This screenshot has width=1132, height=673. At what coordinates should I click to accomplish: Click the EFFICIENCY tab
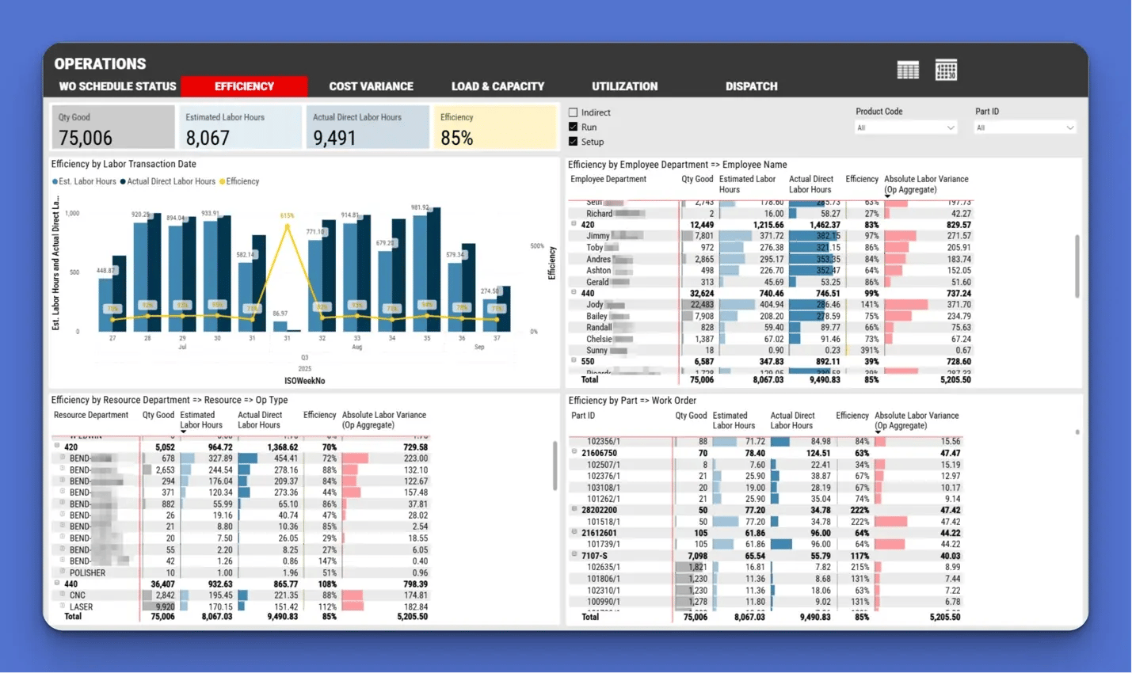[x=244, y=86]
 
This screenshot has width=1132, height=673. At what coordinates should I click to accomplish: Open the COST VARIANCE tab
[x=371, y=86]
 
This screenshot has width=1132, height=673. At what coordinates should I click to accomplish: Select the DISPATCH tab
[x=751, y=86]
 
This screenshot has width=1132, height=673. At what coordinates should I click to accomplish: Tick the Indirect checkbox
[x=573, y=112]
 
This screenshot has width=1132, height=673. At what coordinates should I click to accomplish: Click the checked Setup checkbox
[x=573, y=142]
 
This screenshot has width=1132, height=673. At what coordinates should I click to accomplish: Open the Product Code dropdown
[x=905, y=127]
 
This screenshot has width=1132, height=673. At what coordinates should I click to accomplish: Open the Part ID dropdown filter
[x=1025, y=127]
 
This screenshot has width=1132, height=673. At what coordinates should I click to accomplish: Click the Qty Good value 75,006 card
[x=86, y=138]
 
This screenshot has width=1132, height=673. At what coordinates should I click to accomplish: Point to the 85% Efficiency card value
[x=456, y=138]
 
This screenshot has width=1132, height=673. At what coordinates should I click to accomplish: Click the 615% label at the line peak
[x=287, y=215]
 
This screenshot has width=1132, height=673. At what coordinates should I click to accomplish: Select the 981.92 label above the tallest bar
[x=420, y=207]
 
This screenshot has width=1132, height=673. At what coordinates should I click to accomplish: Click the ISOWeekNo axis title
[x=304, y=381]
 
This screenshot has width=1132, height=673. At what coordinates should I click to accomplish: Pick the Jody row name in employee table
[x=595, y=305]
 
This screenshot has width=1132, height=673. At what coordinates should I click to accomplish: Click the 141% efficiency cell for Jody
[x=870, y=305]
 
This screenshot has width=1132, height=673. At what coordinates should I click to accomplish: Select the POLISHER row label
[x=87, y=572]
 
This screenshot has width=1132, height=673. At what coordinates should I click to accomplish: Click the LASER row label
[x=81, y=606]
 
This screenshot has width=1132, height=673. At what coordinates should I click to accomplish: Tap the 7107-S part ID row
[x=594, y=556]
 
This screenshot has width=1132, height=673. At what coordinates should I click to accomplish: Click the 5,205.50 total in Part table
[x=944, y=617]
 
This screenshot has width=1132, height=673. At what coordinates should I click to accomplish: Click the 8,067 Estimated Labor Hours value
[x=208, y=138]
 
